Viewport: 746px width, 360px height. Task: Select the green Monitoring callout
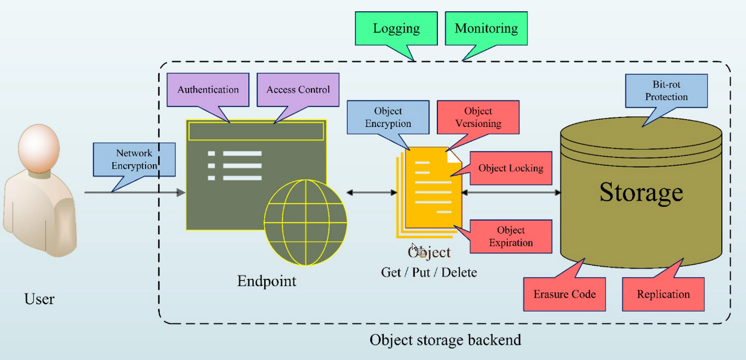point(486,28)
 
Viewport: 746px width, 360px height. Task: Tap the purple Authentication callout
point(208,89)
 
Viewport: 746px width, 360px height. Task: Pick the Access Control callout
point(298,89)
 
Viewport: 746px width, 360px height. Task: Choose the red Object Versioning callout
point(477,117)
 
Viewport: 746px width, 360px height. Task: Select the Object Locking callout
point(510,168)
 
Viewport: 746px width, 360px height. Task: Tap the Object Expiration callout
point(510,236)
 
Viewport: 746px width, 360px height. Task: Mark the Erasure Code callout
point(564,294)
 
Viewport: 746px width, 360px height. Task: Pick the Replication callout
point(663,294)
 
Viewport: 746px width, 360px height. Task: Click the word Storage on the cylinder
point(640,192)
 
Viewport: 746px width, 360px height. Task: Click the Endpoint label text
point(266,280)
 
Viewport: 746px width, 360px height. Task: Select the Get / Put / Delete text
point(429,273)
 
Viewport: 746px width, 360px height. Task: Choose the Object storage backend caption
point(445,340)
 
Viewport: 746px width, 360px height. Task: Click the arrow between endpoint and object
point(372,193)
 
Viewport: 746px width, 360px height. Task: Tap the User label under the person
point(40,298)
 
